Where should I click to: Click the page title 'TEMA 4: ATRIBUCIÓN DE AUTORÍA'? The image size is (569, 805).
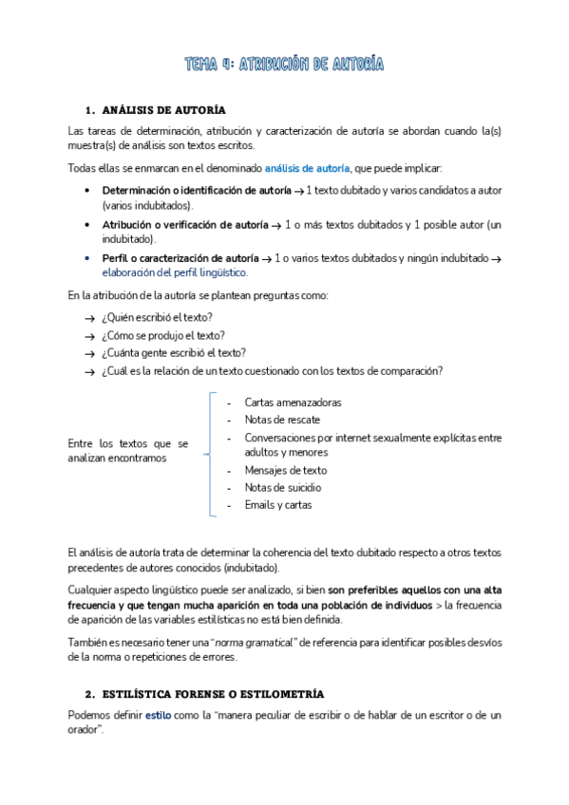284,65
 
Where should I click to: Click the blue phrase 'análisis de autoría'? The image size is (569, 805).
307,168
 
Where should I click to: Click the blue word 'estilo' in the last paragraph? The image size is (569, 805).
158,715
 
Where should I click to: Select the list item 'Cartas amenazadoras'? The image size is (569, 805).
293,402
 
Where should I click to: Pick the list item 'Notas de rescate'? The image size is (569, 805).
282,420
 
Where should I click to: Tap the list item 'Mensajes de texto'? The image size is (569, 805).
285,471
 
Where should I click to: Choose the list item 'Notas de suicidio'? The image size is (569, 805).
282,488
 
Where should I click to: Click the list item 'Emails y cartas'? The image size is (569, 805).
277,505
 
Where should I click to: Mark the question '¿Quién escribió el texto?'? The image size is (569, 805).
157,317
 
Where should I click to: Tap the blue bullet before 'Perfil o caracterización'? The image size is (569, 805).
86,257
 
